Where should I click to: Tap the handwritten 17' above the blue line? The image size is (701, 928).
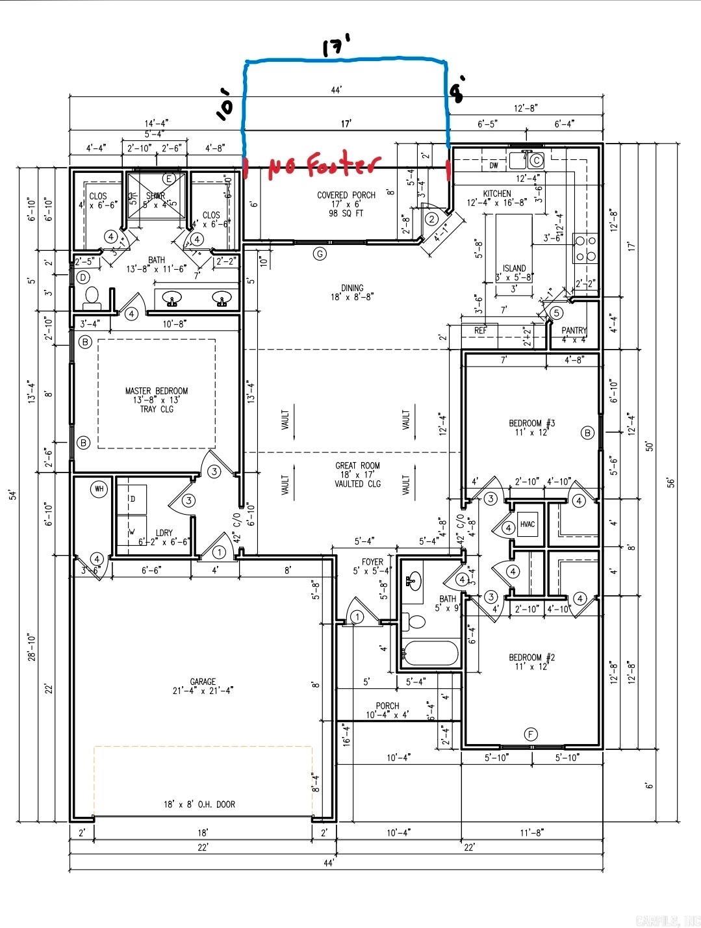[x=337, y=47]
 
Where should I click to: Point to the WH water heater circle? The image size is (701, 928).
[x=99, y=489]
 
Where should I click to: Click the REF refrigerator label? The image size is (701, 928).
[x=480, y=331]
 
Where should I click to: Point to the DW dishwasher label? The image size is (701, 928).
[x=494, y=166]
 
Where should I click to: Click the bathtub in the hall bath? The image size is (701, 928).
[x=429, y=652]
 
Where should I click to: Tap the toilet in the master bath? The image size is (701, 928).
[x=91, y=297]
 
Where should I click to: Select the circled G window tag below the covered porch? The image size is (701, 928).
[x=320, y=253]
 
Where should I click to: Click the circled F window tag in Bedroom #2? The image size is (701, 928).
[x=531, y=735]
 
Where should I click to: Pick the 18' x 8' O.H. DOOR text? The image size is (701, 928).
[x=199, y=804]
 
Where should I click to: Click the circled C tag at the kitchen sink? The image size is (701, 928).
[x=537, y=160]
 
